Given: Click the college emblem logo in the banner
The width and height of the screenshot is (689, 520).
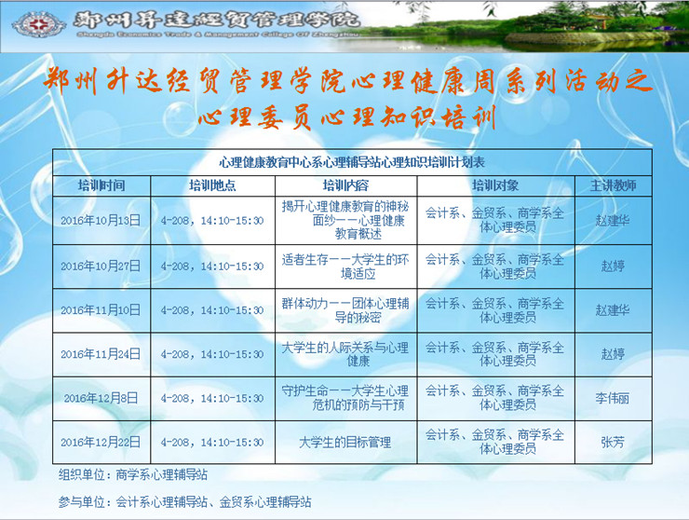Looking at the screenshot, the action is (x=39, y=24).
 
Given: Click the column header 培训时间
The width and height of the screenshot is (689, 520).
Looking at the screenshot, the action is (x=101, y=185).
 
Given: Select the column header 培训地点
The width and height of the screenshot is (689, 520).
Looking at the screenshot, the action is (x=212, y=185).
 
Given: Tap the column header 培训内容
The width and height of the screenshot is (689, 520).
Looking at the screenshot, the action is (x=345, y=185).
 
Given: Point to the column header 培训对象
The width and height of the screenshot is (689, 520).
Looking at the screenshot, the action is (x=495, y=185).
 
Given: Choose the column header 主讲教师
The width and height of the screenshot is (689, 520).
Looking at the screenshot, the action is (x=613, y=185).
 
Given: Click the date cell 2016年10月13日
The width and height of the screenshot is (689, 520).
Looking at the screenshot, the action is (x=101, y=220).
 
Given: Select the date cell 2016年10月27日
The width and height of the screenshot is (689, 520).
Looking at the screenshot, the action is (x=101, y=267).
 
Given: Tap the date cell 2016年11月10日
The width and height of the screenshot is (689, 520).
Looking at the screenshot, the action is (x=101, y=310).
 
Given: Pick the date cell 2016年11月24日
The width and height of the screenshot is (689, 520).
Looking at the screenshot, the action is (x=101, y=354).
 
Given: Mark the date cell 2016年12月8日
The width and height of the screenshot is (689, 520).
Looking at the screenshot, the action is (x=101, y=398).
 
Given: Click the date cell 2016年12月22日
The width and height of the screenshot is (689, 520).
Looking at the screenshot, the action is (x=101, y=442).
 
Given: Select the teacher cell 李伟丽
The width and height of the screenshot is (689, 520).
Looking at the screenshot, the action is (x=613, y=398).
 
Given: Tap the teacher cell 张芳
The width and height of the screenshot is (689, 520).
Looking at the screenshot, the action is (x=613, y=442).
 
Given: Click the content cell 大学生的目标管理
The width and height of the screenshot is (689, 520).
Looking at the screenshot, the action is (x=344, y=442).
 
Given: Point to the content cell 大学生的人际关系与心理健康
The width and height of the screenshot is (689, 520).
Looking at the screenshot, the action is (x=344, y=354).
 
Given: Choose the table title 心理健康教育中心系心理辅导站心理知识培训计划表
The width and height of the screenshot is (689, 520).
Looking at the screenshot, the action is (x=352, y=162).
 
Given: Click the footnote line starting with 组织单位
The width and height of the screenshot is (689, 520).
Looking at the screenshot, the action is (x=133, y=475).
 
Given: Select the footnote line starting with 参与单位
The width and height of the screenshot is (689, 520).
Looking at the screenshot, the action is (x=185, y=502).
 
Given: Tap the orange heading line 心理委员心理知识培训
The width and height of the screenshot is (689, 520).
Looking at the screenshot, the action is (x=347, y=117).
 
